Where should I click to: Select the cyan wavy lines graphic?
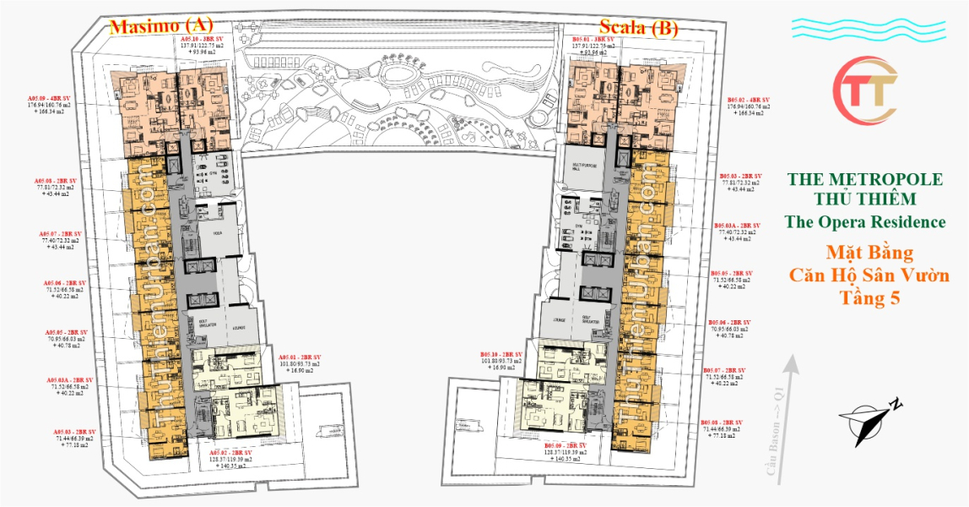(866, 30)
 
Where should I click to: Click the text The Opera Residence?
(865, 222)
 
